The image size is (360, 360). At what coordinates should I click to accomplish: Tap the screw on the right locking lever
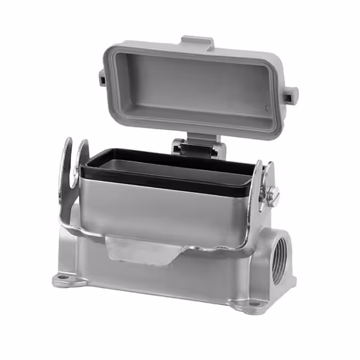(x=274, y=195)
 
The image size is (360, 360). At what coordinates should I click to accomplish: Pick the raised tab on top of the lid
(x=196, y=42)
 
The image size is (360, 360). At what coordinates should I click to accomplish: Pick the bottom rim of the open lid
(x=186, y=125)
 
